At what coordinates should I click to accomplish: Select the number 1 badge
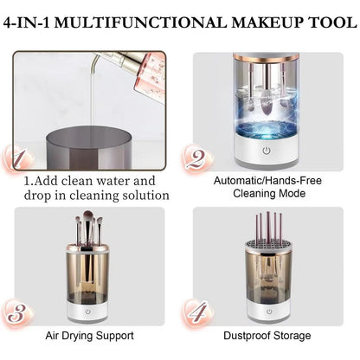pyautogui.click(x=17, y=159)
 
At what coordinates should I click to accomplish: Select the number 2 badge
pyautogui.click(x=197, y=159)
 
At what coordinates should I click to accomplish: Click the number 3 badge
pyautogui.click(x=17, y=311)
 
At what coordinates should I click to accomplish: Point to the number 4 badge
pyautogui.click(x=197, y=311)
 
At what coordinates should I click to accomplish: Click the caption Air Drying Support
pyautogui.click(x=90, y=334)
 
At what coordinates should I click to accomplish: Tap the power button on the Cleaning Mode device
pyautogui.click(x=267, y=149)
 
